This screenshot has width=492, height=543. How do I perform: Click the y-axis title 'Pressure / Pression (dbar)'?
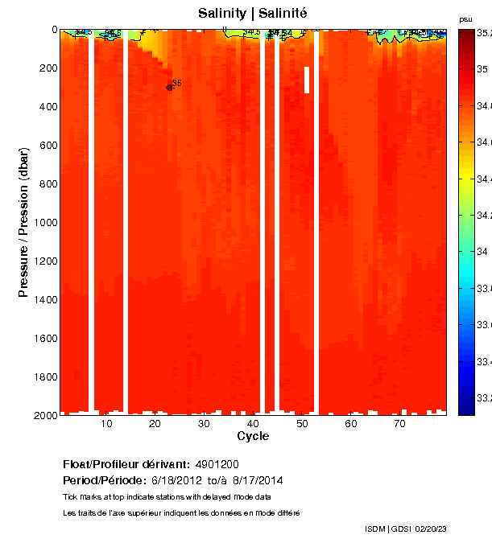[24, 222]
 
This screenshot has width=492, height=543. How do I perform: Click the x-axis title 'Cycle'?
[253, 436]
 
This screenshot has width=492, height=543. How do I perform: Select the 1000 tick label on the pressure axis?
[42, 223]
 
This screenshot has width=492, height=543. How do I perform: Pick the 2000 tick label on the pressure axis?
[42, 415]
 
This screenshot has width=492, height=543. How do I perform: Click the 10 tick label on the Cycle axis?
[106, 424]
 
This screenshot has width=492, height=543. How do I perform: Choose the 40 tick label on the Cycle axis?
[253, 424]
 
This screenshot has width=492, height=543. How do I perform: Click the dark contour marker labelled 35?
[169, 88]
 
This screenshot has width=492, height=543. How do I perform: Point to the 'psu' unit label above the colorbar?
[465, 19]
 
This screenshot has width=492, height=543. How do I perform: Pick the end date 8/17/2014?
[257, 480]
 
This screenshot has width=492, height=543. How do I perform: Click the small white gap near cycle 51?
[307, 80]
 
